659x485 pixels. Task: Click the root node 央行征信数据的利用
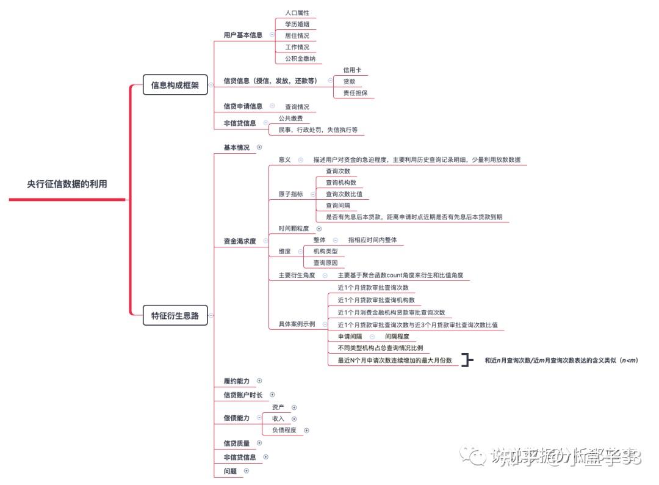tap(67, 184)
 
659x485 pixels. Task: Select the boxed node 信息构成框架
tap(175, 85)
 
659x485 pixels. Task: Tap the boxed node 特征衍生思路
tap(175, 316)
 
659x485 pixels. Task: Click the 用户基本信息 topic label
tap(243, 35)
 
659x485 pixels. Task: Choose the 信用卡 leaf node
tap(352, 70)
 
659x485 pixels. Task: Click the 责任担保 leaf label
tap(355, 93)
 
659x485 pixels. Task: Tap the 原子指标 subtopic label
tap(290, 194)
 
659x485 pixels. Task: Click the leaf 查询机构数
tap(341, 183)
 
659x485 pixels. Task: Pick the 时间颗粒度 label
tap(293, 228)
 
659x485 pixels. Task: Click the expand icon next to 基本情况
tap(259, 147)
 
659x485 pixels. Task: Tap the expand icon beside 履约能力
tap(259, 381)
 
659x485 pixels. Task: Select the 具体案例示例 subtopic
tap(297, 324)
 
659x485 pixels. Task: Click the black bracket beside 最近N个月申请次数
tap(467, 360)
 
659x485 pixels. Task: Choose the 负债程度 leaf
tap(284, 430)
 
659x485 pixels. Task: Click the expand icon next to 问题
tap(247, 471)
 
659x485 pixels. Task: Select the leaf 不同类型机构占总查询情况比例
tap(380, 348)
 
